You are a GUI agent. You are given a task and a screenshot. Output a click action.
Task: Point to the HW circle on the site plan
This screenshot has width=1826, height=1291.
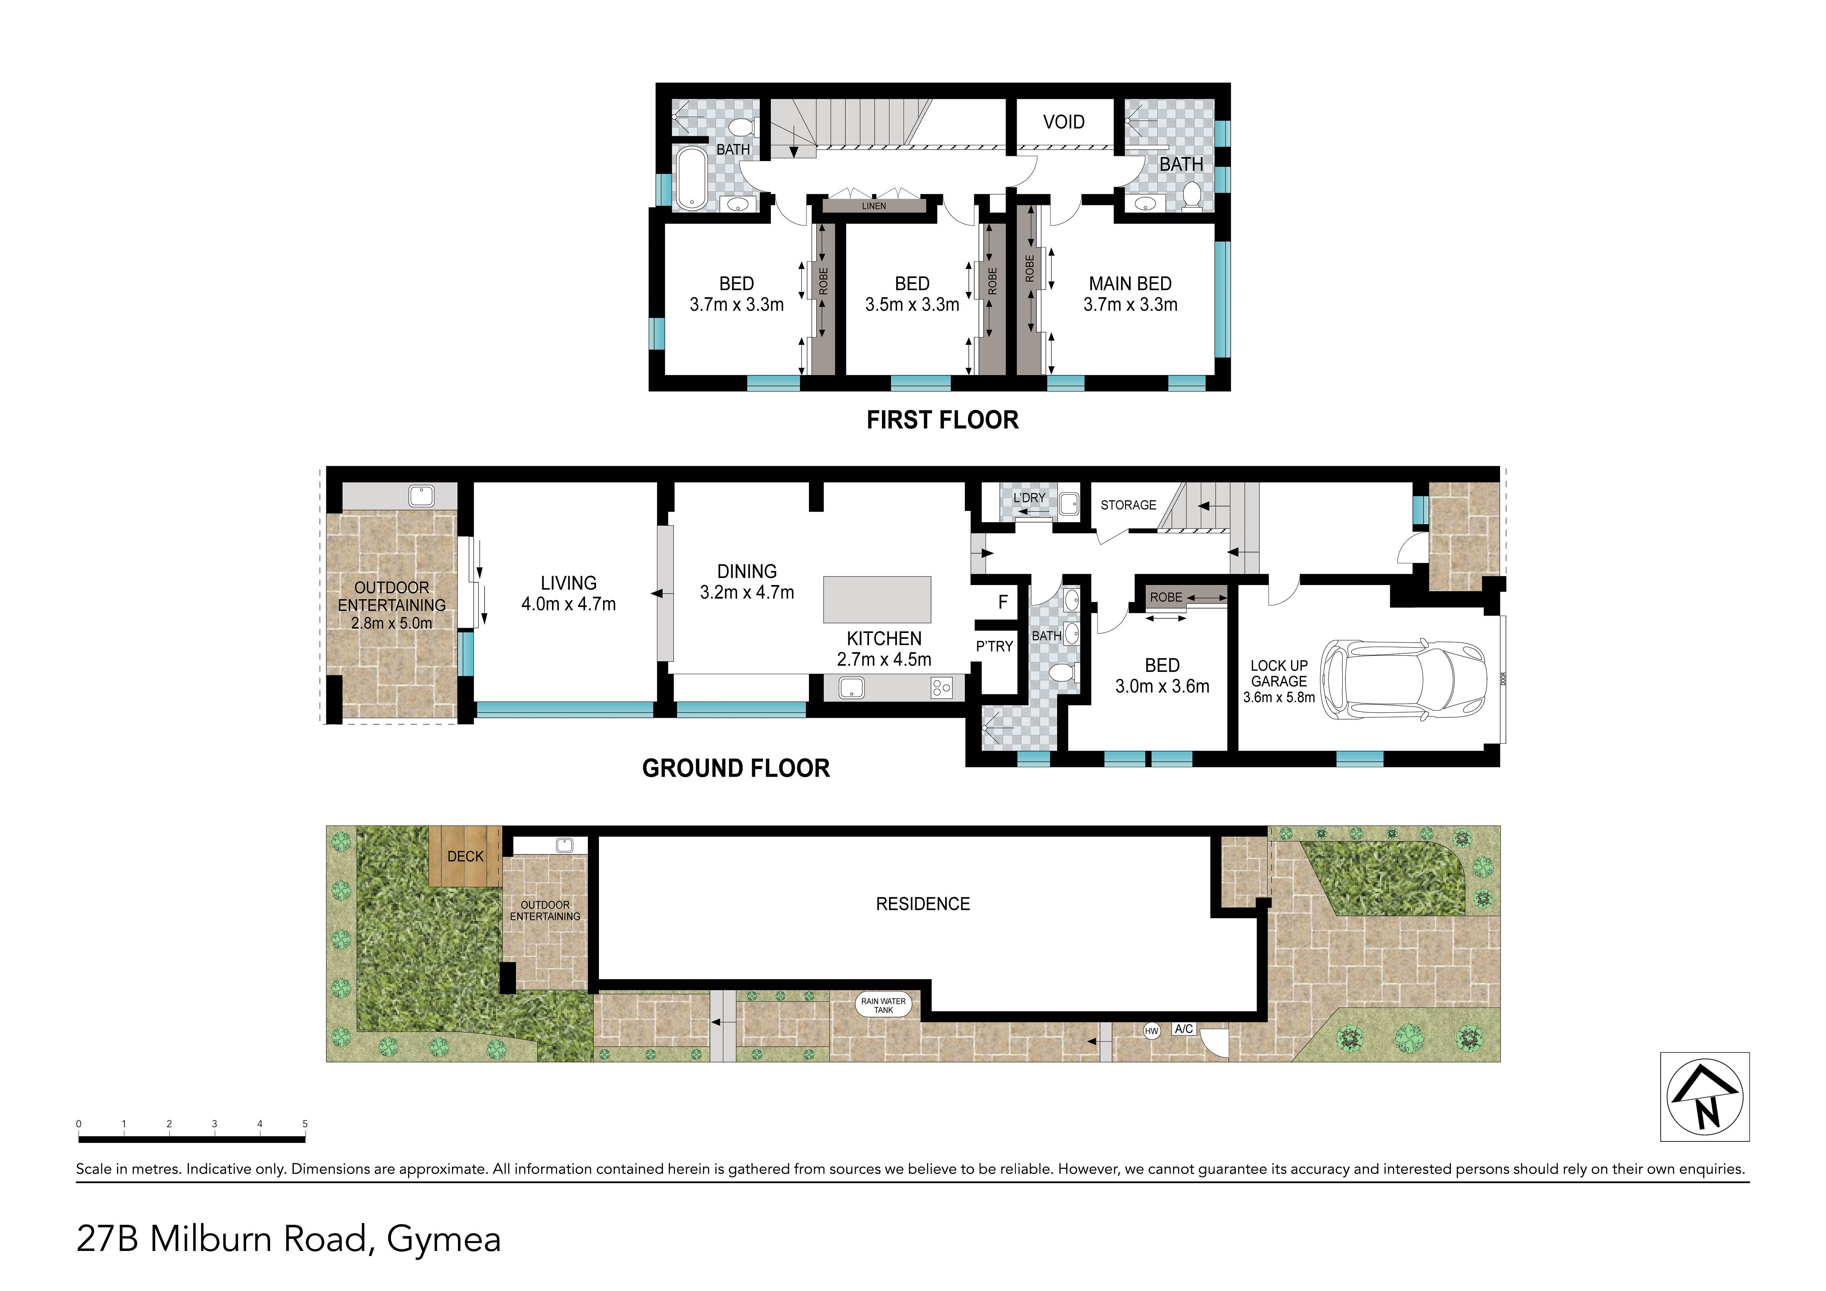click(x=1151, y=1031)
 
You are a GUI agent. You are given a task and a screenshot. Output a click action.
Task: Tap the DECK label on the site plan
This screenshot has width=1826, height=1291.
click(x=465, y=856)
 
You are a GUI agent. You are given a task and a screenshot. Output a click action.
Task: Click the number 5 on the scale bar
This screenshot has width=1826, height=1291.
click(x=305, y=1124)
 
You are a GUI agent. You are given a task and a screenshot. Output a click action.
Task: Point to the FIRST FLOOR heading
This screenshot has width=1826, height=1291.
click(x=942, y=420)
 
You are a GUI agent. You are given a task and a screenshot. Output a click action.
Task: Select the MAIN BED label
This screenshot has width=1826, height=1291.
click(x=1130, y=284)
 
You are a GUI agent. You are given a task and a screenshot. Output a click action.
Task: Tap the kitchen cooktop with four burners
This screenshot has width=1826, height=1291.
click(x=942, y=687)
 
